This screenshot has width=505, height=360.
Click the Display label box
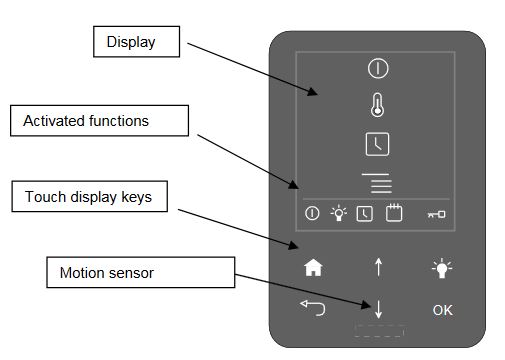coord(136,42)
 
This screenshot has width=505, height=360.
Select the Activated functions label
coord(99,121)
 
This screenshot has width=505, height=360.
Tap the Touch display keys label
coord(89,196)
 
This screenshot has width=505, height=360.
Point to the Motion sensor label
coord(140,272)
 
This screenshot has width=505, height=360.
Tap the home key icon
coord(313,268)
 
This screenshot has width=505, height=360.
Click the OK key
coord(442,310)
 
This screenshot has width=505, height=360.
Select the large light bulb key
coord(442,268)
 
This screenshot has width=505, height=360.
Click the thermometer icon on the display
coord(377,105)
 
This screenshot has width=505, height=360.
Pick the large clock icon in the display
coord(377,144)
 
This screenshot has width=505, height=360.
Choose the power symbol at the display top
coord(378,68)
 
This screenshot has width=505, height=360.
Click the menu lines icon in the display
coord(377,183)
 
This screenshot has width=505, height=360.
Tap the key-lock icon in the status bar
coord(436,214)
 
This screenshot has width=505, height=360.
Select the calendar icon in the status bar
coord(394,213)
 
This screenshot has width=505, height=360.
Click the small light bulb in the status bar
coord(339,213)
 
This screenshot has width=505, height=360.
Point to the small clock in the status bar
coord(365,214)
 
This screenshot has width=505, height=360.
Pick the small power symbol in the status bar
coord(312,213)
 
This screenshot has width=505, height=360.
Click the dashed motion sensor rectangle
coord(379,330)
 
